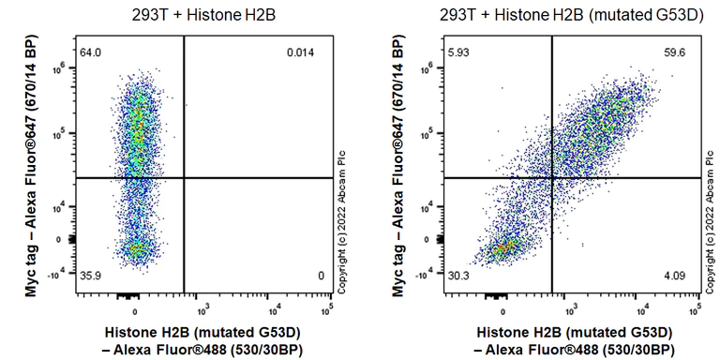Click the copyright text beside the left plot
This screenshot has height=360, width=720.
tap(342, 221)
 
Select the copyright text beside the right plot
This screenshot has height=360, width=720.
tap(711, 221)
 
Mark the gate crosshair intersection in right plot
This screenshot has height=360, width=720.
tap(551, 178)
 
